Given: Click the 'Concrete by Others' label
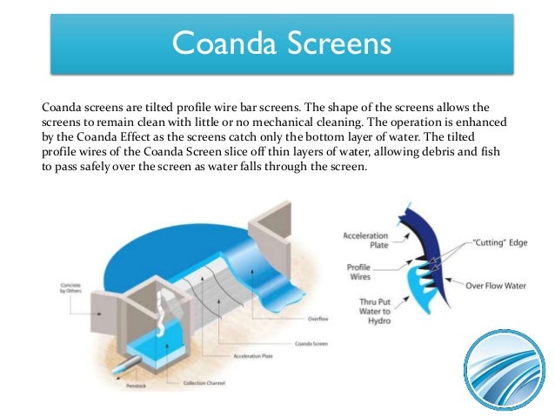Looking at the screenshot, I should (71, 289).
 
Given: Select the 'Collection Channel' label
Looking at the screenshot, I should (205, 383).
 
